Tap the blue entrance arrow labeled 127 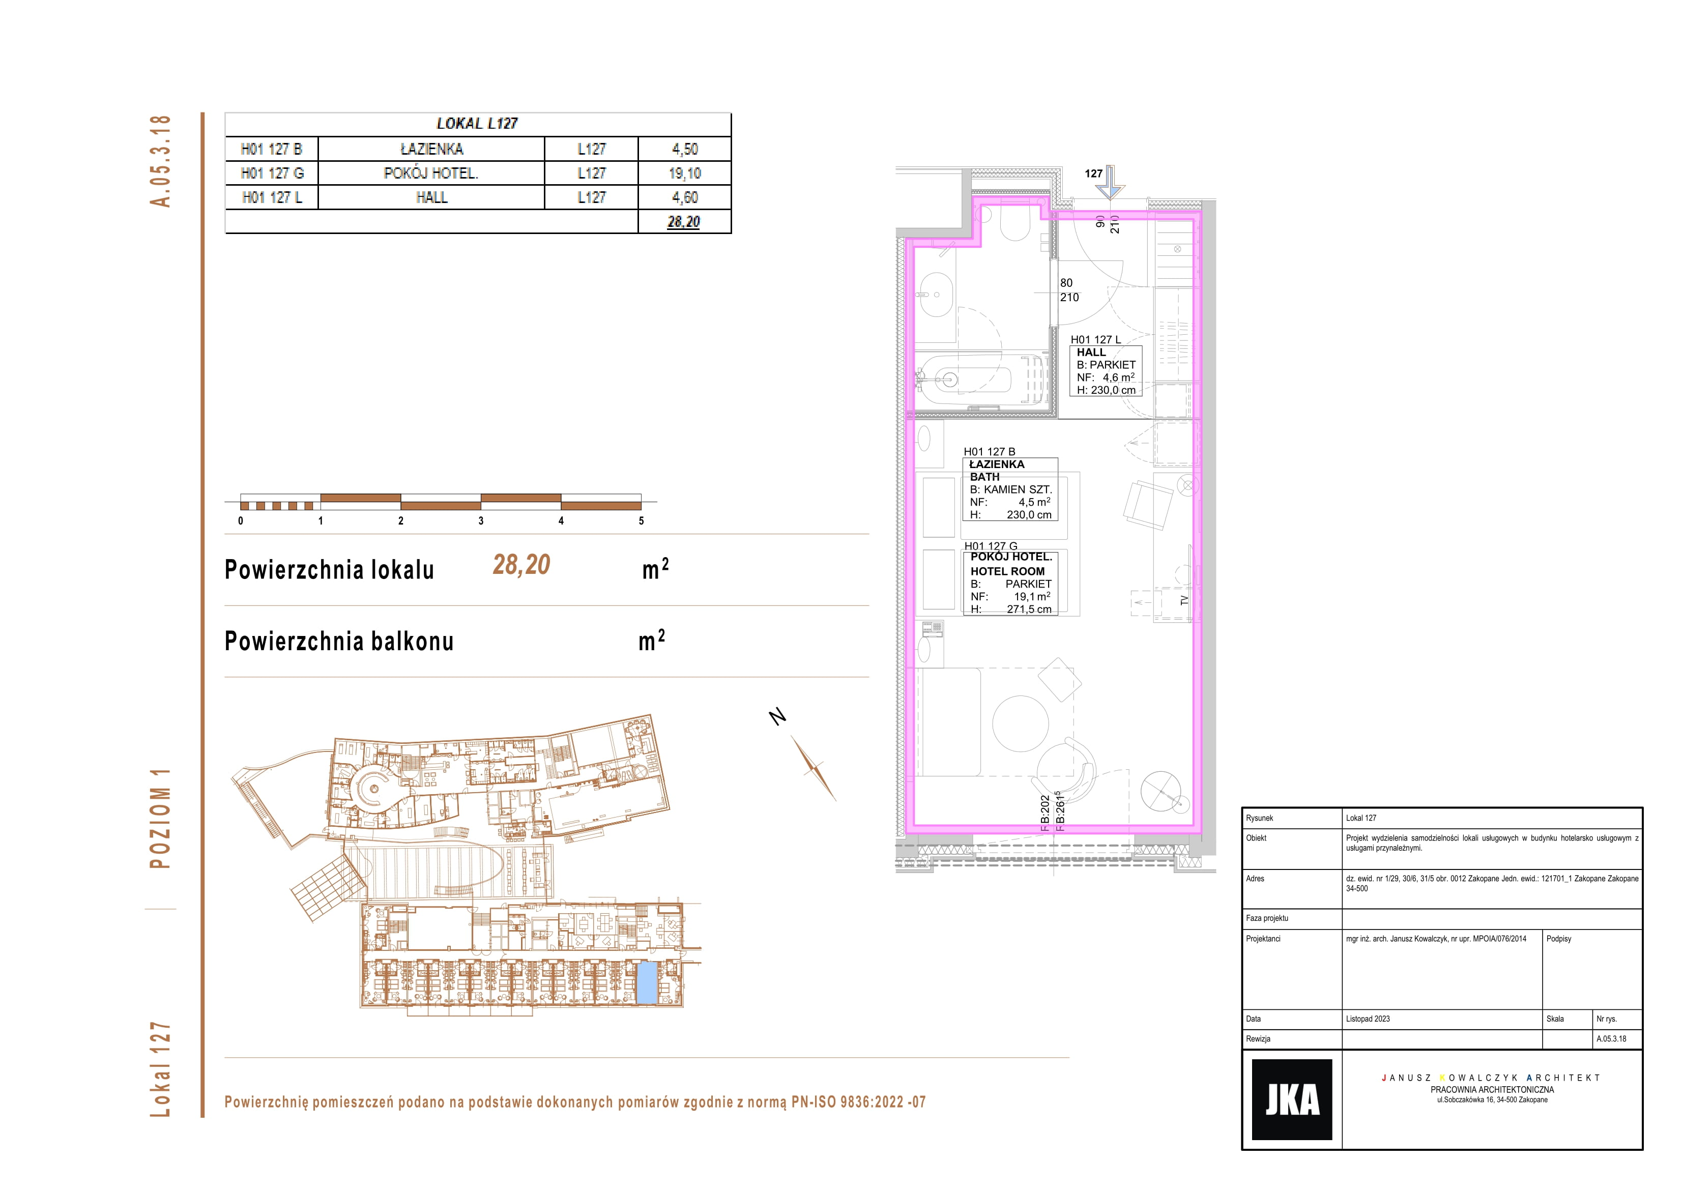[1111, 182]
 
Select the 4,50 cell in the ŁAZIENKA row [685, 149]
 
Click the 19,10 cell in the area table [685, 173]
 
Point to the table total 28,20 [683, 221]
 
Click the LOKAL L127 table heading [477, 123]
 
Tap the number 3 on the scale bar [481, 520]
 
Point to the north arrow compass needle [814, 768]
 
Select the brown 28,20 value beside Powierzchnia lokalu [521, 565]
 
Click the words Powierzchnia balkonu [339, 641]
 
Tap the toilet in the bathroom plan [1014, 223]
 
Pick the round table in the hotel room [1021, 723]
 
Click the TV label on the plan [1184, 600]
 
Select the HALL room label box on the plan [1106, 371]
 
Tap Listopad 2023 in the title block [1368, 1019]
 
